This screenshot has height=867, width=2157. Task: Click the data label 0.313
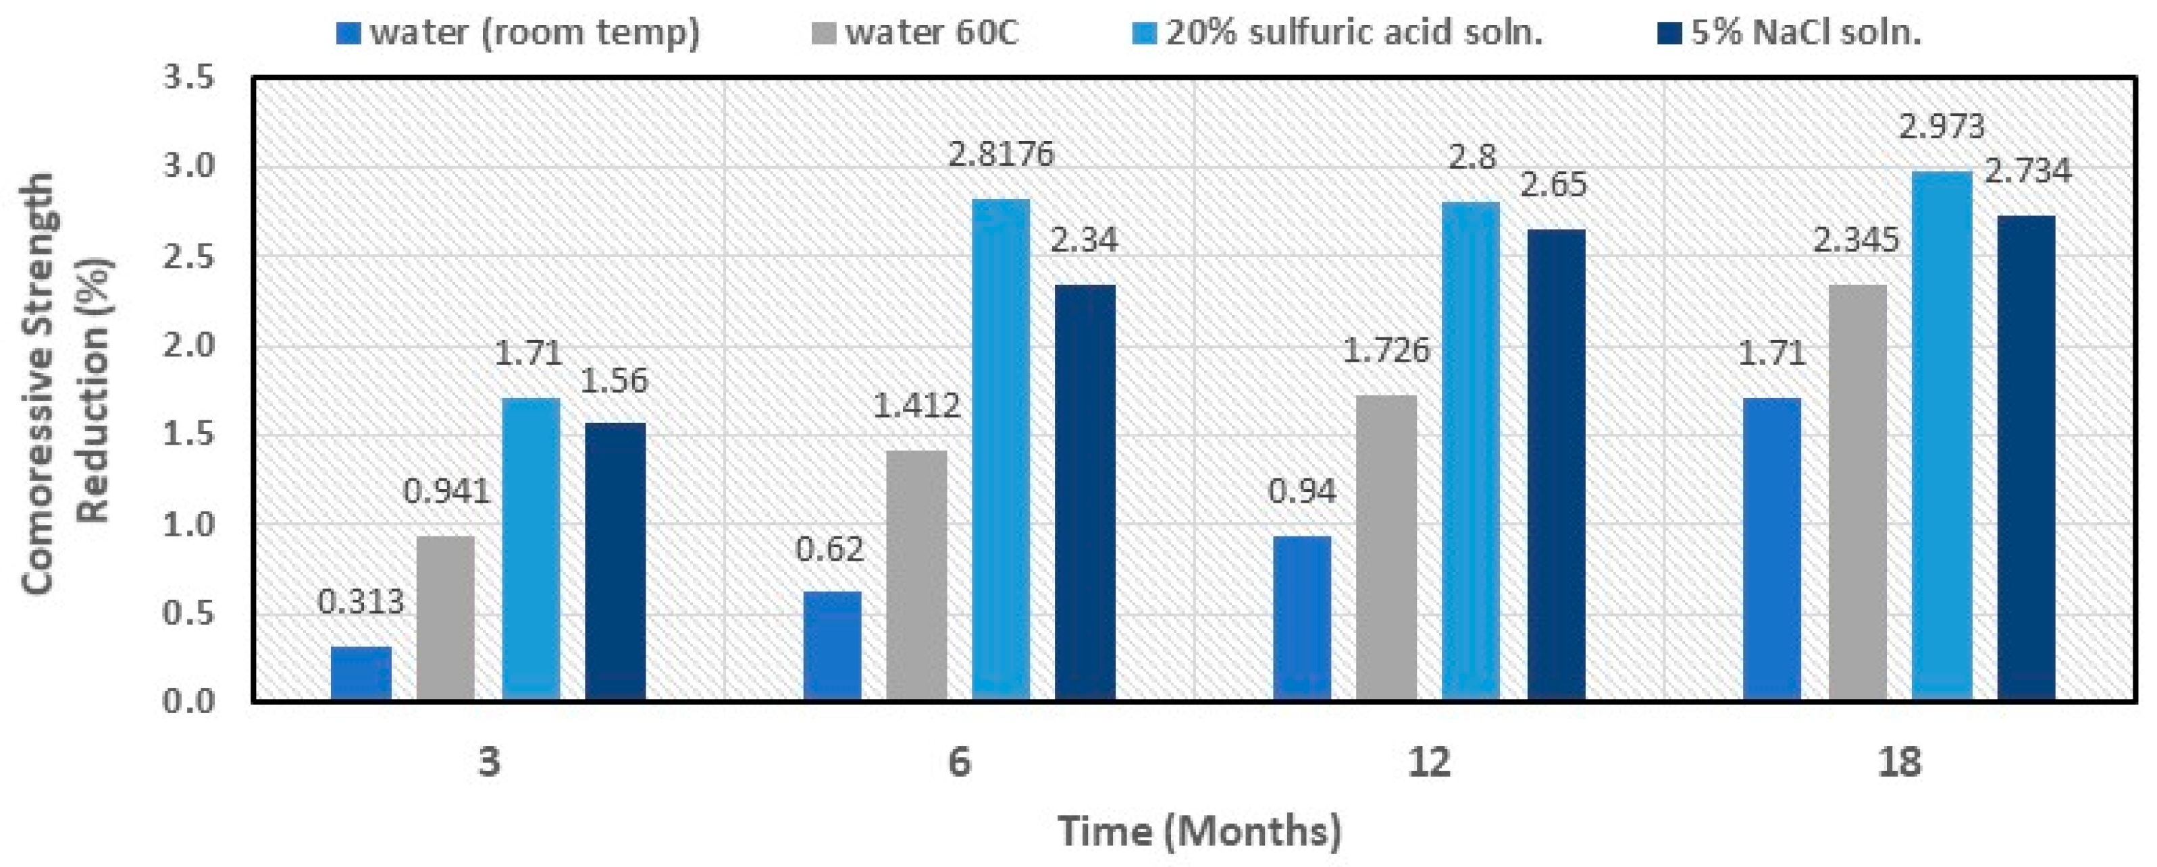(361, 602)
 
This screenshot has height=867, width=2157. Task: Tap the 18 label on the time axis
(1899, 762)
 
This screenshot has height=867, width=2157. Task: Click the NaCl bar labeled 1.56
(615, 561)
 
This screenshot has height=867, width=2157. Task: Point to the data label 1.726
(1386, 349)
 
